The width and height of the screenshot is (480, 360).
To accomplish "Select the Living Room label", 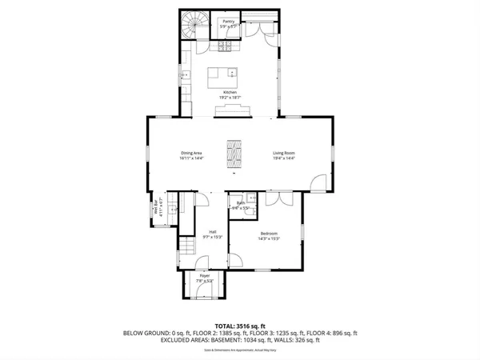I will [284, 154].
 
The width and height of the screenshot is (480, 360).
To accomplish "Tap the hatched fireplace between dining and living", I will [234, 154].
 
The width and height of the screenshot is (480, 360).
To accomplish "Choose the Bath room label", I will [240, 204].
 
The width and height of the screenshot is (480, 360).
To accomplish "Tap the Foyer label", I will [204, 277].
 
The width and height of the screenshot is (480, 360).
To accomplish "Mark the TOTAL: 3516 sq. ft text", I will [239, 326].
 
